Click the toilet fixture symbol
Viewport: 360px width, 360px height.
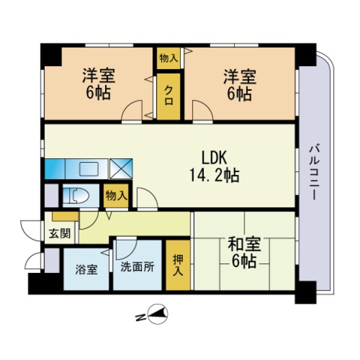76,196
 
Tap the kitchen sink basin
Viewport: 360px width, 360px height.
88,169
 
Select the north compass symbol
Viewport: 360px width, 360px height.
157,314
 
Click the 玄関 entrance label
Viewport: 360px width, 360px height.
60,233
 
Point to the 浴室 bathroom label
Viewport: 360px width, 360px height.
86,269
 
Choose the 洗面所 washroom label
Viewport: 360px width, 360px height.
137,267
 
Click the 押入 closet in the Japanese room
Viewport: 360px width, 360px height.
178,265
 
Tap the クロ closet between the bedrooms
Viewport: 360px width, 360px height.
169,96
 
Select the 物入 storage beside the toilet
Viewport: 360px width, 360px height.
116,196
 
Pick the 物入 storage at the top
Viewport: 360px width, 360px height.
169,58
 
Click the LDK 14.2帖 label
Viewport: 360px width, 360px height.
214,166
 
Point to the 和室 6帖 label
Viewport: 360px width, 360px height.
244,252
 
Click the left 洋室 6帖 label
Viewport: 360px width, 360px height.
98,84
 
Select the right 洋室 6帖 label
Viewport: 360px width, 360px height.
240,85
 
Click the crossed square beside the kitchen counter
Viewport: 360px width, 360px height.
121,169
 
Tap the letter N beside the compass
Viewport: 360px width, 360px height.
140,317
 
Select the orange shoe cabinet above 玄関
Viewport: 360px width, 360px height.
65,217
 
